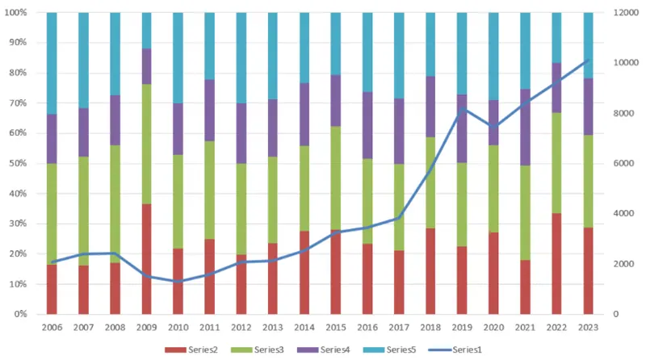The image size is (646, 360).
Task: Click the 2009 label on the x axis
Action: [148, 327]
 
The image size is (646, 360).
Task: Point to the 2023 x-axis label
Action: [589, 327]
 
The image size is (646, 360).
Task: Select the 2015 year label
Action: [337, 327]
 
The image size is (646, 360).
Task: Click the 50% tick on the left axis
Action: [20, 164]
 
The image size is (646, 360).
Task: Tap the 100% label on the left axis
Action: [18, 13]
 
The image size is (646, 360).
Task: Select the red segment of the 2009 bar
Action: [148, 258]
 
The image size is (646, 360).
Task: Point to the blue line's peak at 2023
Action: [589, 60]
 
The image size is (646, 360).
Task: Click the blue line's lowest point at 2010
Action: [179, 282]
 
